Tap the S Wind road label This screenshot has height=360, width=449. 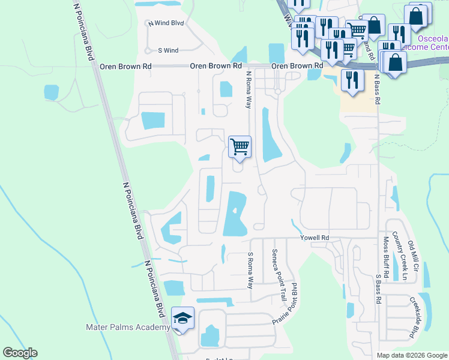point(168,51)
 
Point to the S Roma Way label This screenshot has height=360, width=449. point(250,270)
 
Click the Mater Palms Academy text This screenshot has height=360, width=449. point(128,327)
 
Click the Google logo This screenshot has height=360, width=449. point(20,353)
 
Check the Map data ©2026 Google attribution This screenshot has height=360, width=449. point(412,355)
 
